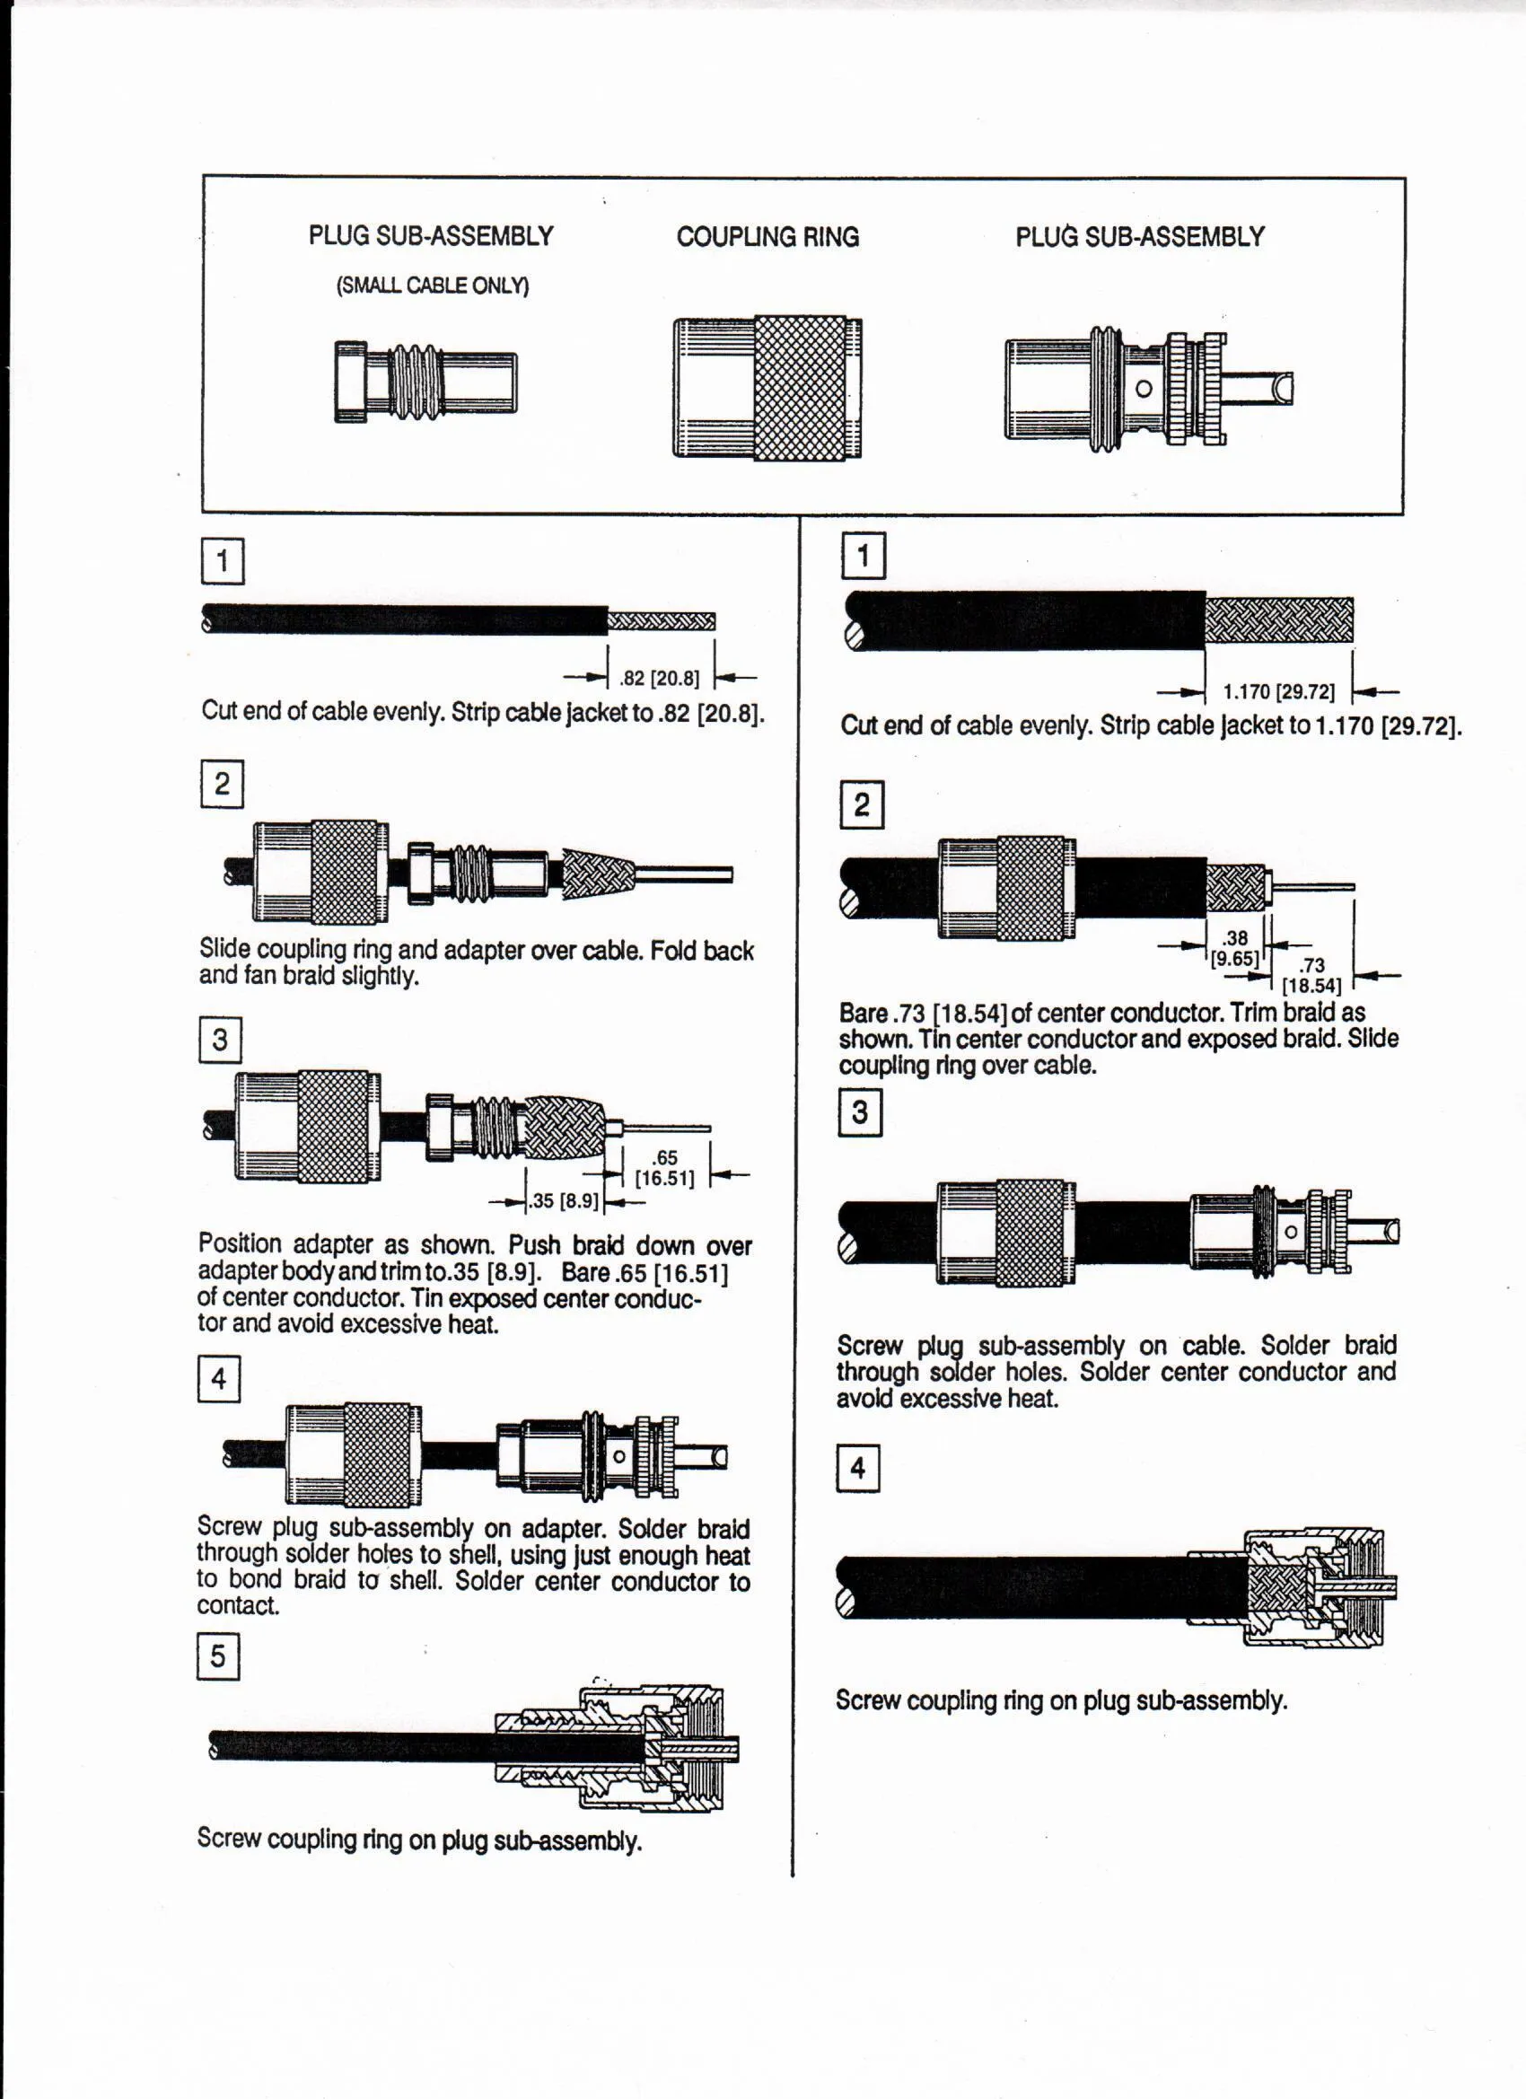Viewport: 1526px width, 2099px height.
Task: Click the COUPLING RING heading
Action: tap(767, 237)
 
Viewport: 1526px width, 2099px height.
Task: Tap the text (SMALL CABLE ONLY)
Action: tap(432, 285)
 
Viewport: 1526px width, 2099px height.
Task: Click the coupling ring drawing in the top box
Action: tap(767, 388)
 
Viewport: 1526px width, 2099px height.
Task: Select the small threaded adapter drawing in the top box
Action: tap(425, 382)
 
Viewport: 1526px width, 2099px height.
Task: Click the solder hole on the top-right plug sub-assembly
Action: tap(1144, 389)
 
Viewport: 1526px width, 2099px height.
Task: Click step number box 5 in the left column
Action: tap(218, 1655)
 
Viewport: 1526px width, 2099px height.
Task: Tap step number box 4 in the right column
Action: tap(858, 1468)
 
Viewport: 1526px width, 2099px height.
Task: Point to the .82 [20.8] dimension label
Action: tap(660, 679)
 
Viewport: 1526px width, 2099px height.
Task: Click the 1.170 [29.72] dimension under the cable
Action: tap(1278, 692)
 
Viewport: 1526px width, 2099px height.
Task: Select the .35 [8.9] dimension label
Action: tap(565, 1201)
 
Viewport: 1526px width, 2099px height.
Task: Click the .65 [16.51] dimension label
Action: tap(663, 1168)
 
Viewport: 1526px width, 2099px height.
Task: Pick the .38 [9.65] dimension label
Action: tap(1234, 948)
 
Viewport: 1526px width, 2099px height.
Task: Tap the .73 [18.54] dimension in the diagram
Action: tap(1311, 976)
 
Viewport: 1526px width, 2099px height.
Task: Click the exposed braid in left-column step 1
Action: tap(661, 621)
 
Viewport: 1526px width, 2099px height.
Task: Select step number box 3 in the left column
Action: tap(220, 1041)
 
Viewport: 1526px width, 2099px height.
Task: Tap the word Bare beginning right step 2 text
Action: tap(863, 1013)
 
